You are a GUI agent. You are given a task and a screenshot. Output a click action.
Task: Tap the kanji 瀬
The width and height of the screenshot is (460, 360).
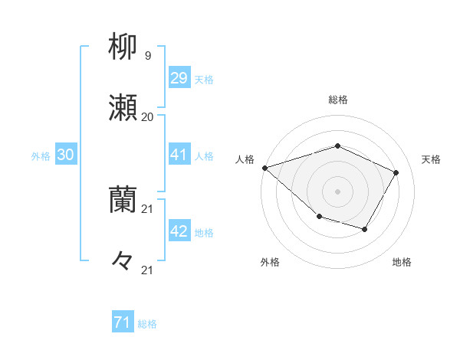[123, 108]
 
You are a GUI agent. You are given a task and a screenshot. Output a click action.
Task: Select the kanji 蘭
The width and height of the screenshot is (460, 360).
[123, 199]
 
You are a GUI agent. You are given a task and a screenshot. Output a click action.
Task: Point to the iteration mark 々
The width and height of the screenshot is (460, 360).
[123, 261]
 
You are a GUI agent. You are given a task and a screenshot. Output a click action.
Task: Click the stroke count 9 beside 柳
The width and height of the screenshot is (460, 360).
[148, 55]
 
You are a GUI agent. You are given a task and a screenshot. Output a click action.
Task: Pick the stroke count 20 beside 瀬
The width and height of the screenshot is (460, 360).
[148, 117]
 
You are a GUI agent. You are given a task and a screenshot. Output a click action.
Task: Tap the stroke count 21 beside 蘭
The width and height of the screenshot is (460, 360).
[148, 208]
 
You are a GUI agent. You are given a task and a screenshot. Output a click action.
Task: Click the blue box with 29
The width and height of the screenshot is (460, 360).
[179, 77]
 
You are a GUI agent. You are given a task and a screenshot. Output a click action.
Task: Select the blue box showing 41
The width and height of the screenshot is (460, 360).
[179, 154]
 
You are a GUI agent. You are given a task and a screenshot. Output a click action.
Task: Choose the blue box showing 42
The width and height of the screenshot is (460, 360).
[179, 231]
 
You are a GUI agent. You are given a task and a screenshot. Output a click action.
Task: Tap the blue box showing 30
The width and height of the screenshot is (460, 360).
[66, 154]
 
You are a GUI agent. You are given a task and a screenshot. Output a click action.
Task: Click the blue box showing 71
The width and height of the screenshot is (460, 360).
[123, 322]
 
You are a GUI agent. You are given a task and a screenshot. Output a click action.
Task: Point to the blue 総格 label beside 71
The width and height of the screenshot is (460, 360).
[147, 324]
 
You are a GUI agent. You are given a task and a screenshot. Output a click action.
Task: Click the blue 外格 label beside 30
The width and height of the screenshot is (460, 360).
[41, 155]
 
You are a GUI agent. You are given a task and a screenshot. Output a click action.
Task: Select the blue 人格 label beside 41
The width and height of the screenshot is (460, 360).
[205, 155]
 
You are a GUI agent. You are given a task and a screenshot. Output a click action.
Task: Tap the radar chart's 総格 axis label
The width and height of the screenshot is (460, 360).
[337, 100]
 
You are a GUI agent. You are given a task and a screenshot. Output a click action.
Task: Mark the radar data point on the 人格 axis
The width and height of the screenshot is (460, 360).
[264, 168]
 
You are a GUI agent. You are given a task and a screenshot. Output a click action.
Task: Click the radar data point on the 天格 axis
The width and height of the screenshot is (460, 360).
[396, 172]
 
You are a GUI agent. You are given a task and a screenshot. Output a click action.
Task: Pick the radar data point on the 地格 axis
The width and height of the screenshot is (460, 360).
[365, 229]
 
